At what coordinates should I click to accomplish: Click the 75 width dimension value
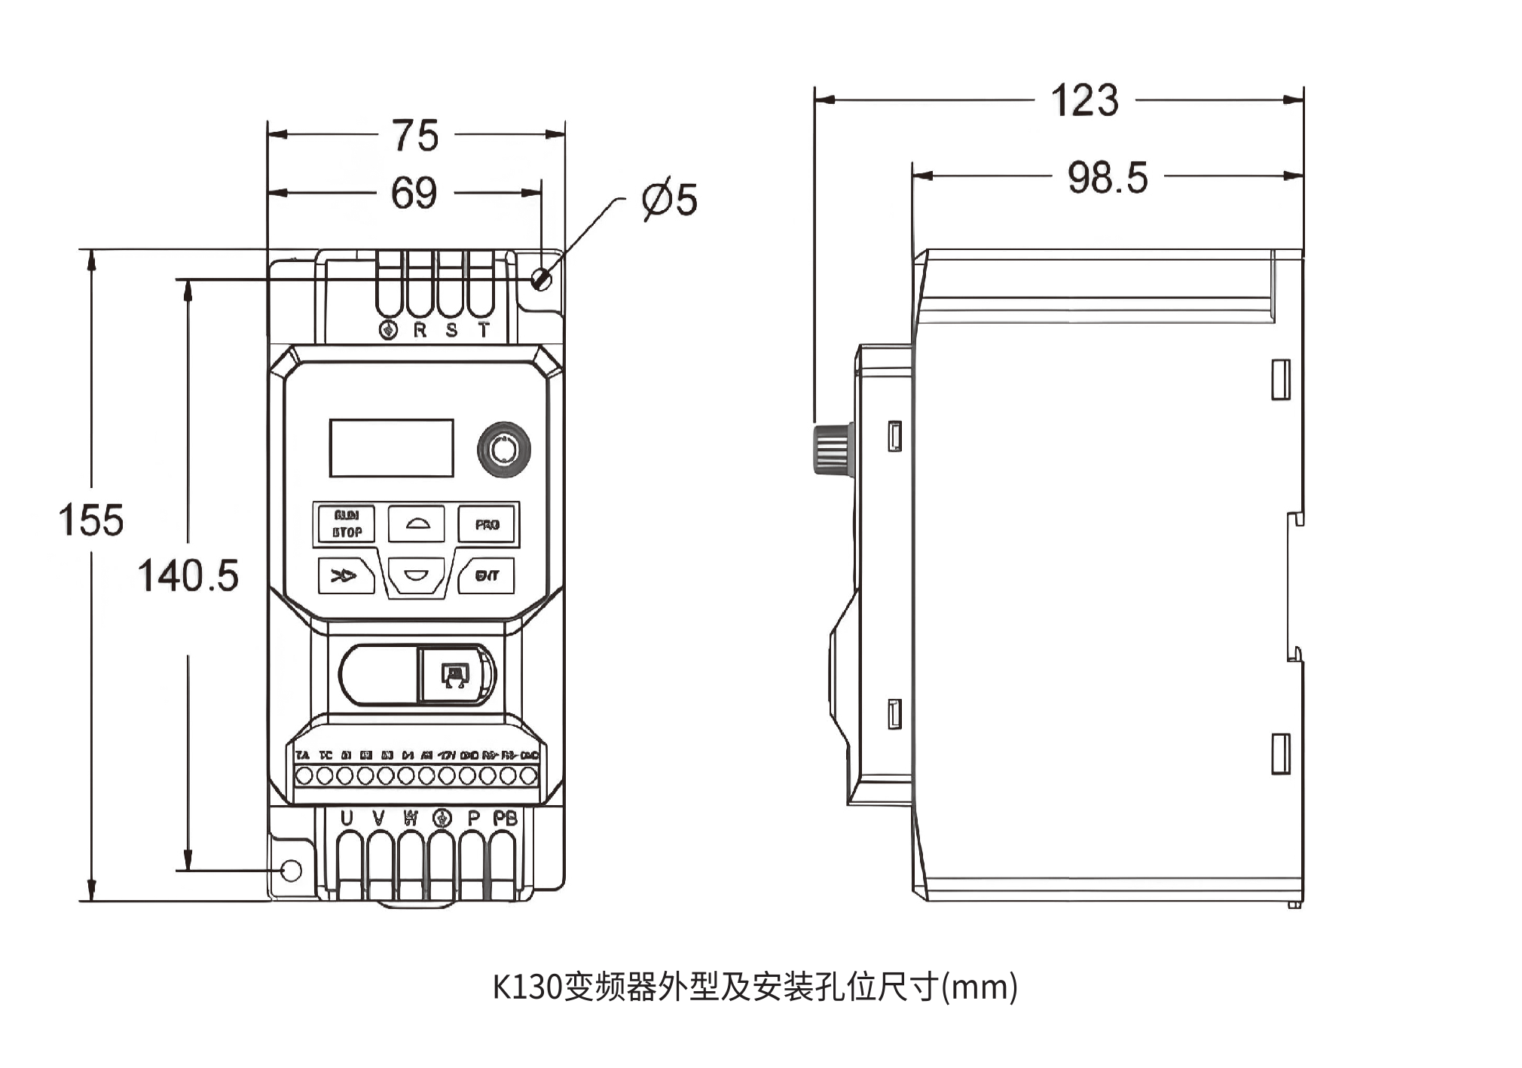[415, 136]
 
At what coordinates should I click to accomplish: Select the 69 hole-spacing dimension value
[414, 194]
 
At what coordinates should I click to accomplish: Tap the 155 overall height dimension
[91, 520]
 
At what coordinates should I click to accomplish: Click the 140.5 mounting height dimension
[188, 576]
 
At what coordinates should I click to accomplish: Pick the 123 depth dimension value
[1084, 101]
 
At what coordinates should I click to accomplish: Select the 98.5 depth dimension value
[1108, 179]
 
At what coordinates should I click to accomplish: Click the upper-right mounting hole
[541, 279]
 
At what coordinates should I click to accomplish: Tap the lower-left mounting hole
[292, 871]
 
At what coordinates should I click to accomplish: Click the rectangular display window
[391, 448]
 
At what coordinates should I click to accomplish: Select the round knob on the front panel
[503, 450]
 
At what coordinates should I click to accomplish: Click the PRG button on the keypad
[487, 524]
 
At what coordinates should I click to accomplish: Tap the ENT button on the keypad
[487, 576]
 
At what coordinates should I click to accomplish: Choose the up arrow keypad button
[416, 523]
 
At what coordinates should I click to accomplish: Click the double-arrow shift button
[346, 576]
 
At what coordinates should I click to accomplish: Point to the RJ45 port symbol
[454, 675]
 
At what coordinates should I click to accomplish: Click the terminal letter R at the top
[420, 330]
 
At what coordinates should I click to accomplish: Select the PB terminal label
[505, 818]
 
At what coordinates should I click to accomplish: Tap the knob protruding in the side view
[833, 450]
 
